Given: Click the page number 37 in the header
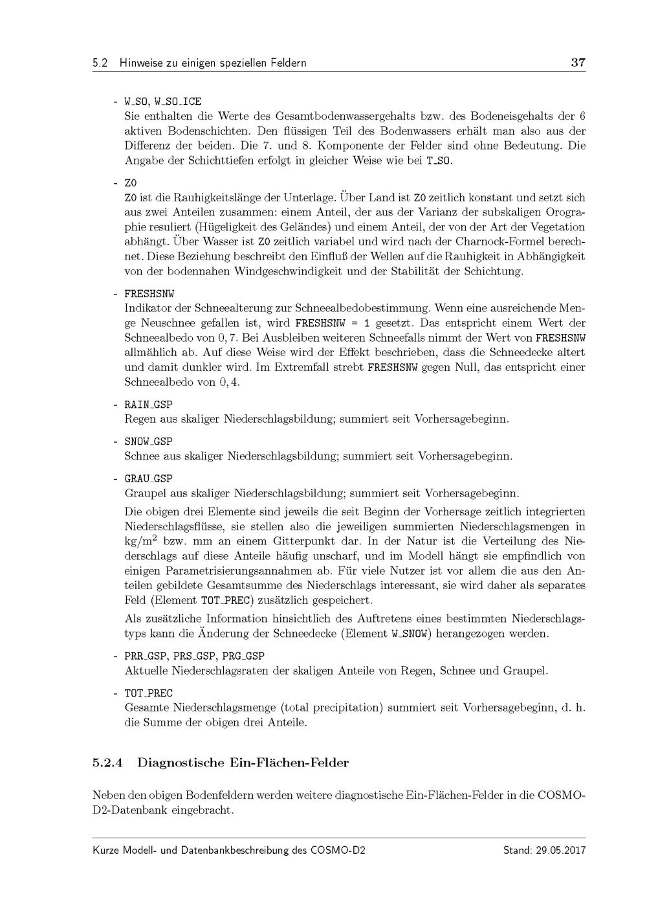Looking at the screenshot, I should point(578,63).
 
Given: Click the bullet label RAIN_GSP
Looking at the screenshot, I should point(148,405).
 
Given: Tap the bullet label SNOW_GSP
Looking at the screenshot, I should point(148,441).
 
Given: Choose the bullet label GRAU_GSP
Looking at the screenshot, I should point(148,478).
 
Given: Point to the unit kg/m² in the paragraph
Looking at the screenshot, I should point(142,540).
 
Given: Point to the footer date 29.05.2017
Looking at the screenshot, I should point(560,851).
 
